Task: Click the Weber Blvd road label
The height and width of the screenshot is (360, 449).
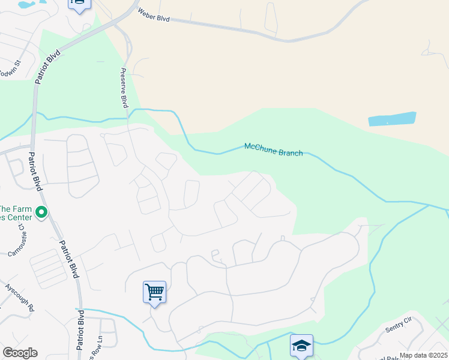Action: tap(154, 15)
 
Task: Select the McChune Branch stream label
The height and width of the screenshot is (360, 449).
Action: tap(273, 149)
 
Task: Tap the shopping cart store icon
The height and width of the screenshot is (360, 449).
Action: tap(154, 292)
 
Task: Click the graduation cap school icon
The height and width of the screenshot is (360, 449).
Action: tap(301, 345)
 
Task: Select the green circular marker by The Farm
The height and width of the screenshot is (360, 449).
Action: tap(41, 212)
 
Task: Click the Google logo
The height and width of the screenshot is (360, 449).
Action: tap(20, 353)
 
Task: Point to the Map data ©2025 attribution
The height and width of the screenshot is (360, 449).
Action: tap(423, 355)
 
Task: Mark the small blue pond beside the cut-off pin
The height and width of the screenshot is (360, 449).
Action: tap(27, 4)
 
